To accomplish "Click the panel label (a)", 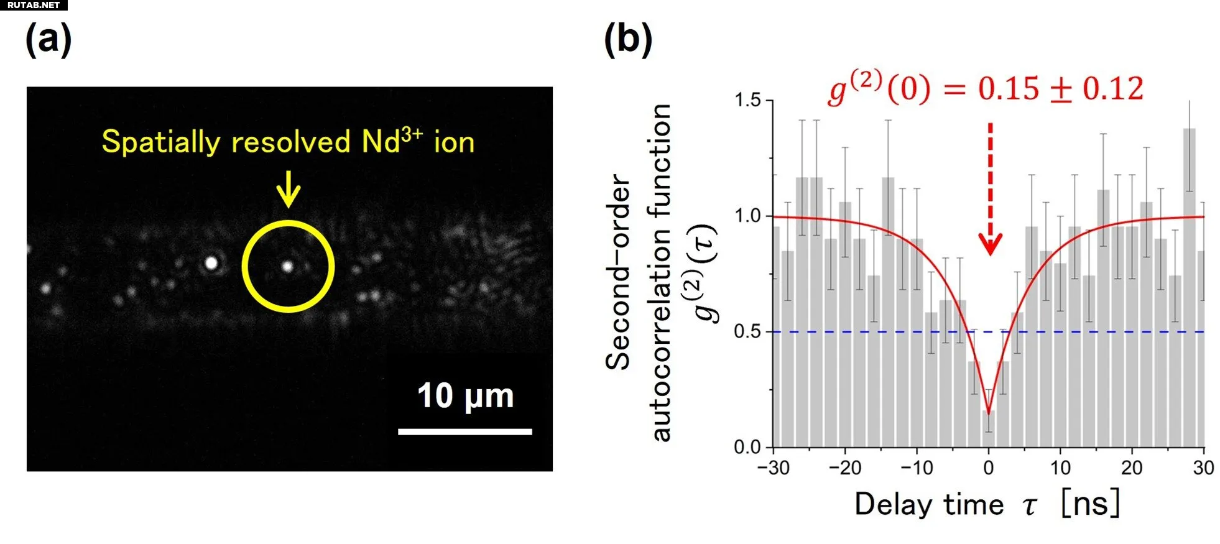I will point(49,40).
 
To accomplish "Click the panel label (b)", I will point(628,40).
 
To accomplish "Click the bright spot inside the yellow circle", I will point(287,266).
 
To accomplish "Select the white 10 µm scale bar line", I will point(464,431).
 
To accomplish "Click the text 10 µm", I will point(466,396).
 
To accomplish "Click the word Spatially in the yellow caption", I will point(161,142).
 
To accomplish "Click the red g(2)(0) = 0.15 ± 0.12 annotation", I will point(986,89).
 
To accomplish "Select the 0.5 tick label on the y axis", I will point(747,331).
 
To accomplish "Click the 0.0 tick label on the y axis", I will point(747,447).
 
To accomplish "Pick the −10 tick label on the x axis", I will point(917,468).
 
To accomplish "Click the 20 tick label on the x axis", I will point(1132,468).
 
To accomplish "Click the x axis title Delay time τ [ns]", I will point(987,504).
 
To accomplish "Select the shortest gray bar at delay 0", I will point(989,429).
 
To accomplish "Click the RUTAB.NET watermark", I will point(34,5).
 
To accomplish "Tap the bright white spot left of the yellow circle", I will point(211,263).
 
